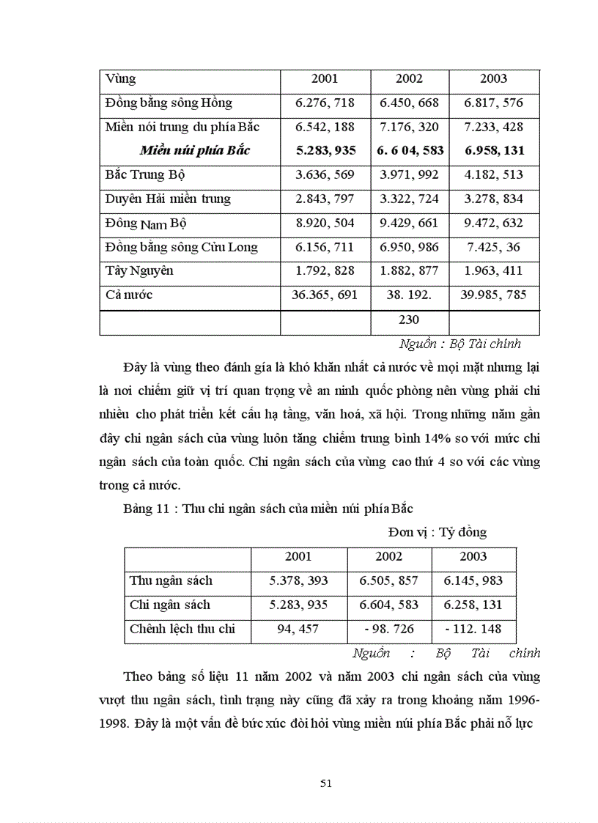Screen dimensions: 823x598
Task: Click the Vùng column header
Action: tap(121, 79)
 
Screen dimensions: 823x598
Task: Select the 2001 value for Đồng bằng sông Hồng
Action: tap(325, 103)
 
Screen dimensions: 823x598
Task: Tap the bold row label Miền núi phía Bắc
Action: tap(195, 150)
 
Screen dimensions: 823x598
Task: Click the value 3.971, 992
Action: tap(410, 175)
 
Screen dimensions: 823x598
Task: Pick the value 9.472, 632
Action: tap(493, 223)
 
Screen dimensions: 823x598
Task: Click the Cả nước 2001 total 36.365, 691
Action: tap(325, 295)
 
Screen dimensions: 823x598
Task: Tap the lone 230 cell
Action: tap(410, 320)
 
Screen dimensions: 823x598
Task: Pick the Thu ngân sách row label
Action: tap(171, 580)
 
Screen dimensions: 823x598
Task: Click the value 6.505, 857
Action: tap(388, 580)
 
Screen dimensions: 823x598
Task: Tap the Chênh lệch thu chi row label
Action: tap(181, 628)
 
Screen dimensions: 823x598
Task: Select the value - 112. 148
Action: tap(473, 629)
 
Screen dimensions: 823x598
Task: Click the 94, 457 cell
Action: tap(298, 629)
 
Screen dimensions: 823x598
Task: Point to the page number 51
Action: tap(327, 783)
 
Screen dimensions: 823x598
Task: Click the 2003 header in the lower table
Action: tap(473, 556)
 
